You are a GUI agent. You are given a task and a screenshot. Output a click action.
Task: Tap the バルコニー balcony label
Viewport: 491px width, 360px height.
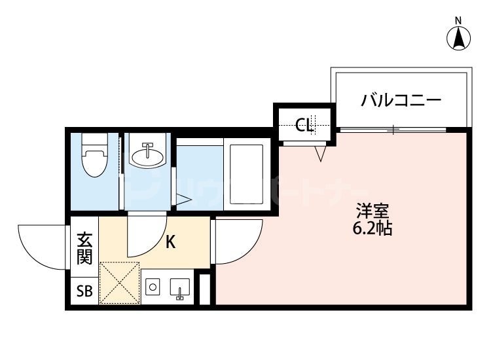[x=401, y=101]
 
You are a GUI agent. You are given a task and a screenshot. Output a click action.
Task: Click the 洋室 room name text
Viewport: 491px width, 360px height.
[x=373, y=212]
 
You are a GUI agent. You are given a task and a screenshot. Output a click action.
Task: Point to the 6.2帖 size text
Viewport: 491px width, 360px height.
[x=373, y=229]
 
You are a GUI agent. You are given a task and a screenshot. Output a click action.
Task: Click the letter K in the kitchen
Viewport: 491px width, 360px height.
[x=170, y=243]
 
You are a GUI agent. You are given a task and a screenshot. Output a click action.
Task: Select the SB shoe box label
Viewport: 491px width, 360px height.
[x=84, y=291]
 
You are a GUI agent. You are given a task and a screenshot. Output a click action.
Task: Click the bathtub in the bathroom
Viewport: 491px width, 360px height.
[x=244, y=174]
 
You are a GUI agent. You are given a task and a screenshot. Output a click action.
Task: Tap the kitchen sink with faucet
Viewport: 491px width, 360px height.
[x=179, y=288]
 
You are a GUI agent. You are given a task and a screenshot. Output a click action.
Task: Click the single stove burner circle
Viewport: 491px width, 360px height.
[x=153, y=287]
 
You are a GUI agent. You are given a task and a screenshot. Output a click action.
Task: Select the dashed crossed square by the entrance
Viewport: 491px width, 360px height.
[x=119, y=283]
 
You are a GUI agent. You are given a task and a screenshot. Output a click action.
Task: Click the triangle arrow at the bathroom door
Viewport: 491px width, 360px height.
[x=183, y=200]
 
